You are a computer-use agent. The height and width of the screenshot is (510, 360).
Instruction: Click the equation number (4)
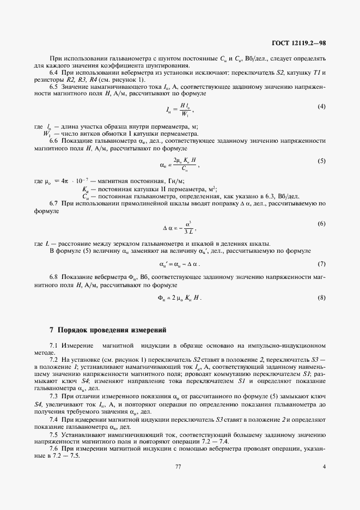click(321, 106)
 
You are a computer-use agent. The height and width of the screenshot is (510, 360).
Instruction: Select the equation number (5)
click(321, 161)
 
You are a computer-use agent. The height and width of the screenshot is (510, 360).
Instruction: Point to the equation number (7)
click(321, 264)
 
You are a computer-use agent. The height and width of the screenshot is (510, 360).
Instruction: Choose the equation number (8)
click(321, 297)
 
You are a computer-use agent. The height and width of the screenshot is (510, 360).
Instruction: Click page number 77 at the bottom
click(178, 466)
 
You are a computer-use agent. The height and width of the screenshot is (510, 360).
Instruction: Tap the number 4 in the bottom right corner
click(324, 466)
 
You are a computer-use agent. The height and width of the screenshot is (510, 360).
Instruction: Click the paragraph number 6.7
click(54, 203)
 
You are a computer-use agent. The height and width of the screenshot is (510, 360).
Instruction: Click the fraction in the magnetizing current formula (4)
click(185, 109)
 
